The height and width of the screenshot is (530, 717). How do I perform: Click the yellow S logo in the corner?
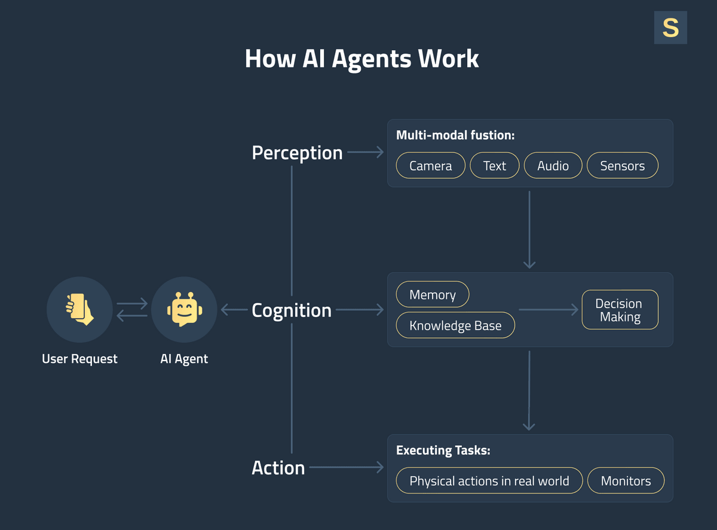670,27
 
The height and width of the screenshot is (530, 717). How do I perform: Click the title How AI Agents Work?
361,59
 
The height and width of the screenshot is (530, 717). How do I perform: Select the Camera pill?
430,166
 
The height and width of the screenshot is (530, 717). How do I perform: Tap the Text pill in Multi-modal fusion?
494,166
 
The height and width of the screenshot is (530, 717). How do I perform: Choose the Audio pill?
553,166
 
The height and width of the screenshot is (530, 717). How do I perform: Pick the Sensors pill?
623,166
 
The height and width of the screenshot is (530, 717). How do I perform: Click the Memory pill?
433,294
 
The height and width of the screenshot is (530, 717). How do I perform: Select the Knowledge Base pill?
455,325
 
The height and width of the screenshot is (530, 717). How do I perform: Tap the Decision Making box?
620,310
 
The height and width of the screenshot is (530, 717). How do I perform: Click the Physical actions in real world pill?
489,480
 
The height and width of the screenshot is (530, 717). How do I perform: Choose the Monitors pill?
626,480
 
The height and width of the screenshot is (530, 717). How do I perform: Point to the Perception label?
297,153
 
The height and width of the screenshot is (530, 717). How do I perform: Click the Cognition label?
292,310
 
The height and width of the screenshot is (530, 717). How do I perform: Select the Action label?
278,468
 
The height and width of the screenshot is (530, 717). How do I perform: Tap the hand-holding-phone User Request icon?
79,309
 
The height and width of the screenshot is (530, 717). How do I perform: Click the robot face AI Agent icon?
183,309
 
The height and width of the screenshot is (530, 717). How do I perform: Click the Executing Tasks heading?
443,451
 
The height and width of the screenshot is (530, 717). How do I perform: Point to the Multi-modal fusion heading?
455,135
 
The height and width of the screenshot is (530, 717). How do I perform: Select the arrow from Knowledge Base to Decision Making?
549,310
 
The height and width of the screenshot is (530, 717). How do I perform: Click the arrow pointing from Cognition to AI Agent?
234,310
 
